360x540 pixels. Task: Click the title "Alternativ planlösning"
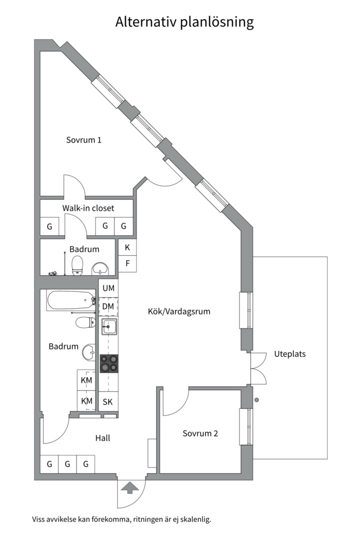[184, 22]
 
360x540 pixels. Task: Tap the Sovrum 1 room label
[84, 140]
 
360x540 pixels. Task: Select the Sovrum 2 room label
[200, 433]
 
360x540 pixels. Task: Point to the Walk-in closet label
[88, 208]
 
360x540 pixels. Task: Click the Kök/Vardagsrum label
[179, 311]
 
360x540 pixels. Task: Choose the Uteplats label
[289, 354]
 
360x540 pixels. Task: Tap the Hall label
[102, 438]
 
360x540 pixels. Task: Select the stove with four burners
[109, 363]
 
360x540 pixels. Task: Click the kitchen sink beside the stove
[109, 328]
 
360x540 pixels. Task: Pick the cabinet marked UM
[108, 288]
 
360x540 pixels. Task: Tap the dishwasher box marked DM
[108, 306]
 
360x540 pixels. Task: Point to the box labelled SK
[108, 401]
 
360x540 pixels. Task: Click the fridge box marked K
[127, 247]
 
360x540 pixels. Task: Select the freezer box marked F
[127, 263]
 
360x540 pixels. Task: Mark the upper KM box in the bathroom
[86, 380]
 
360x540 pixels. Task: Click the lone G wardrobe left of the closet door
[49, 226]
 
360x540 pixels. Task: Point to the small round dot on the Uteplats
[257, 399]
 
